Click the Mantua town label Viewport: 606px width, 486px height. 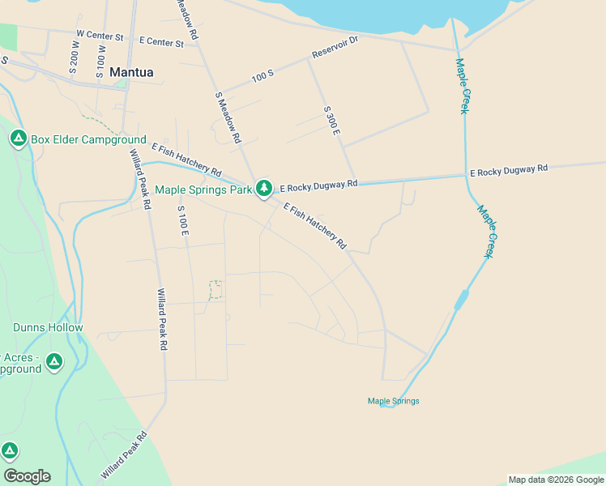[x=131, y=71]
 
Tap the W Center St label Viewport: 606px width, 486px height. [x=99, y=36]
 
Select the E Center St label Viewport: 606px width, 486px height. [x=161, y=40]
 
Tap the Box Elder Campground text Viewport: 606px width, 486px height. [x=88, y=139]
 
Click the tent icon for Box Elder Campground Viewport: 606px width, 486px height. [x=18, y=139]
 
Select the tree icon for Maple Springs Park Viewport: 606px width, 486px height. [x=263, y=189]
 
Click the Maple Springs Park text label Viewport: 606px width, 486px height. [x=203, y=190]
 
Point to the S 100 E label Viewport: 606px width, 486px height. [x=183, y=220]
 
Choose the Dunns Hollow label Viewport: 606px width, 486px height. [x=48, y=327]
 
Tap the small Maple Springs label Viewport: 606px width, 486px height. [x=393, y=401]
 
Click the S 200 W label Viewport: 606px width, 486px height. [x=75, y=58]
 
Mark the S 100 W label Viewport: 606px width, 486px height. [x=101, y=61]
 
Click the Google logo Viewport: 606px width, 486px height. [x=27, y=476]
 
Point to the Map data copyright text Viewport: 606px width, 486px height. [x=556, y=480]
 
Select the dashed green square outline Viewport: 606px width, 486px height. [x=216, y=290]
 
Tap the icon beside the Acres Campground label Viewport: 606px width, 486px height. [x=54, y=361]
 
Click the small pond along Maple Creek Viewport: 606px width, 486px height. [x=460, y=301]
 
